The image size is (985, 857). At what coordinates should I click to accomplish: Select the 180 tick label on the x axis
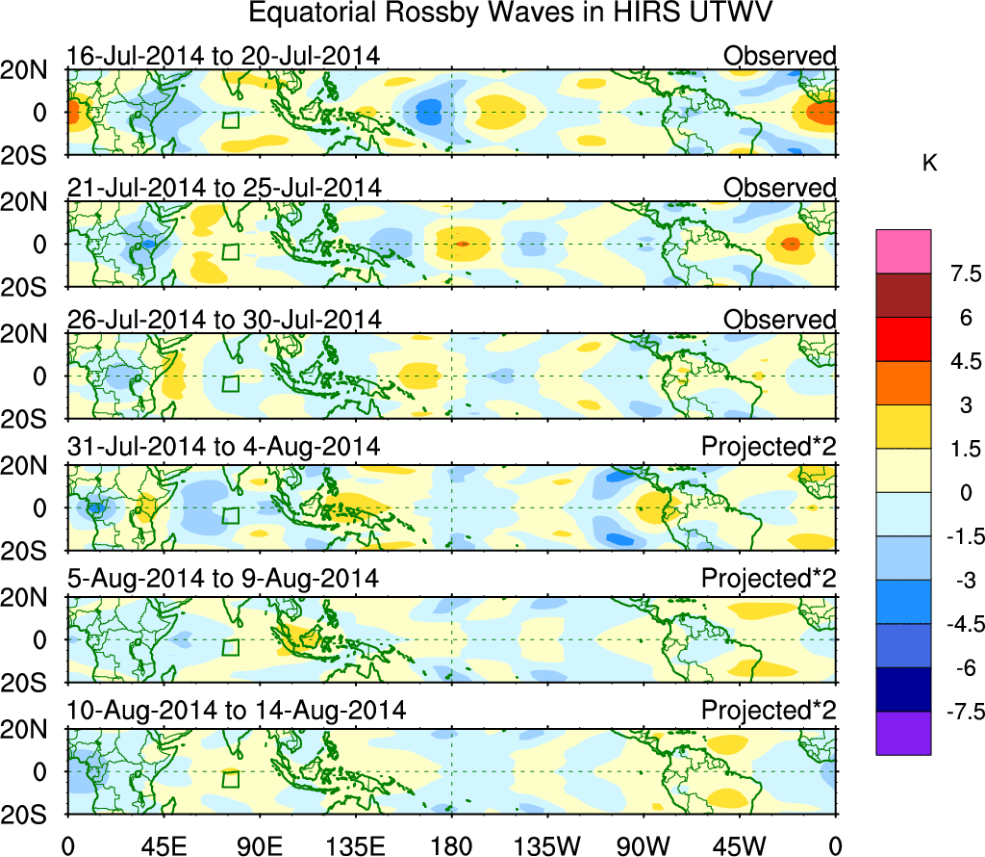point(451,845)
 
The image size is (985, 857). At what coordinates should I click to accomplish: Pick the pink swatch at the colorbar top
point(903,251)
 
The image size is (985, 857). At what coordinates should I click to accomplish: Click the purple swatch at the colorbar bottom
point(903,733)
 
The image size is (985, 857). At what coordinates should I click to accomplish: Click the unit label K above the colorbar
point(929,165)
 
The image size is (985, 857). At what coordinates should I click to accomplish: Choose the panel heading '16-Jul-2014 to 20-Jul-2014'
point(223,57)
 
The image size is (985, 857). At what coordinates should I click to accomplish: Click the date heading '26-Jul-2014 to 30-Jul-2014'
point(223,319)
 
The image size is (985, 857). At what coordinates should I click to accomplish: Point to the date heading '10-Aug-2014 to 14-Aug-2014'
point(236,712)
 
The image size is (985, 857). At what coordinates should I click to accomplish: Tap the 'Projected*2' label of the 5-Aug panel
point(769,581)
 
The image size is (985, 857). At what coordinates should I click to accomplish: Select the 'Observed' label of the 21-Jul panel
point(779,188)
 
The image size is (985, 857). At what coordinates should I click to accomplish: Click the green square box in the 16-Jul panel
point(230,120)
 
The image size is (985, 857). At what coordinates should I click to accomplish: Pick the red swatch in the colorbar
point(903,339)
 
